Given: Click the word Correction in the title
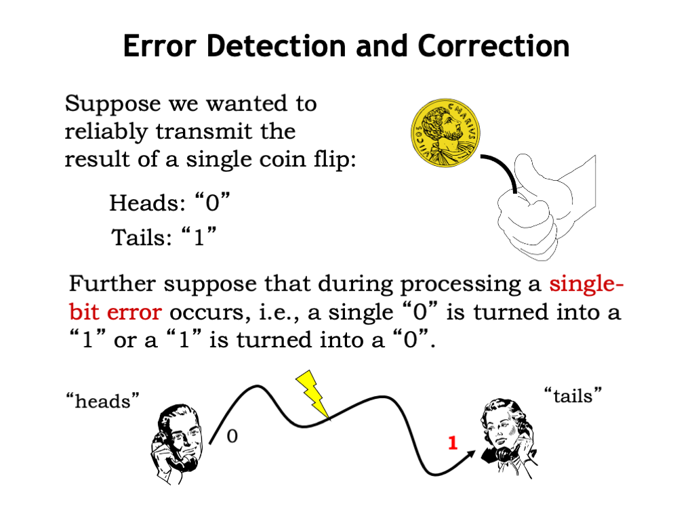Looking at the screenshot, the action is [x=493, y=46].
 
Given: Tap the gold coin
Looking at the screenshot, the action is [x=445, y=133].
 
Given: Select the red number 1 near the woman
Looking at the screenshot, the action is [x=452, y=443].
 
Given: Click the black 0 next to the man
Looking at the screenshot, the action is [x=232, y=436].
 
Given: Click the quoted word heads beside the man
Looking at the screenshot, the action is [x=103, y=401].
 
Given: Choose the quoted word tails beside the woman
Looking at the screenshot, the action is [x=573, y=395].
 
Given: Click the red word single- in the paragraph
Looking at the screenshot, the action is [x=586, y=283].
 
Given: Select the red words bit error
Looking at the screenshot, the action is [x=115, y=311].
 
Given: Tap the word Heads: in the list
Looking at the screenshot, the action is [x=147, y=203].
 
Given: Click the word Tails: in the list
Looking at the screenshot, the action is [x=141, y=237].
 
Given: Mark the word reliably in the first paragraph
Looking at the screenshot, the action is [x=106, y=132].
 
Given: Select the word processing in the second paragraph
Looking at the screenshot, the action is [x=461, y=284].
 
